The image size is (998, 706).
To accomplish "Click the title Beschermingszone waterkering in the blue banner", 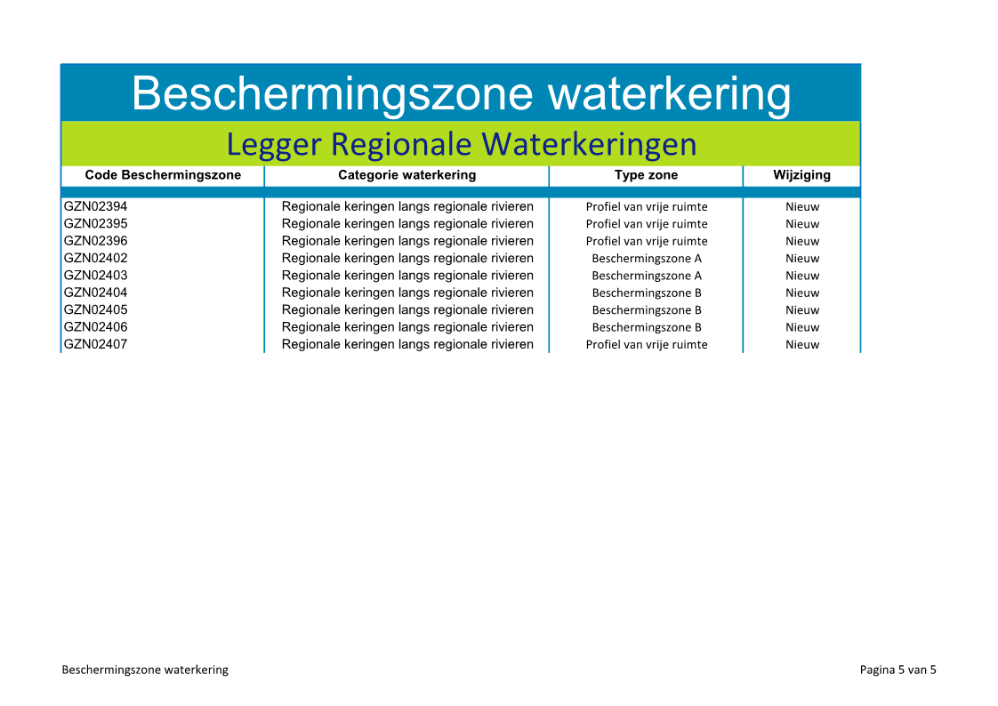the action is [x=461, y=94].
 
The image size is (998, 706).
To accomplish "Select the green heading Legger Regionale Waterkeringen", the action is [x=462, y=144].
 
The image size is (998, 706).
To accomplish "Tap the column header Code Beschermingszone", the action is [x=163, y=175].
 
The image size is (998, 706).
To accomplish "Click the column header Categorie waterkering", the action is [x=406, y=175].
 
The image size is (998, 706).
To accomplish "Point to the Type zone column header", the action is [x=646, y=175].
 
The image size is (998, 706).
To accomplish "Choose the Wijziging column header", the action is [x=802, y=175].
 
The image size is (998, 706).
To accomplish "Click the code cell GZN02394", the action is [x=95, y=206].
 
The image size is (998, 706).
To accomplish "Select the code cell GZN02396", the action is [x=95, y=240].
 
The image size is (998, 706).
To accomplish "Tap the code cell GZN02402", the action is [x=95, y=258].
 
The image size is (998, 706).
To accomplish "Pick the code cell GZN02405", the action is [x=95, y=309].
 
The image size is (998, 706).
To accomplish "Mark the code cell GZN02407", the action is [x=95, y=343].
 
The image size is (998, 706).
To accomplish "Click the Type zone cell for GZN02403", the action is [x=647, y=276].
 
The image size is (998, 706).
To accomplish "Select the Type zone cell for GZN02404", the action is [x=647, y=293].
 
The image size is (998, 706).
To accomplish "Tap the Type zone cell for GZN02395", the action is [x=647, y=224].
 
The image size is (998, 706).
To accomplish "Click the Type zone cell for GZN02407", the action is [x=647, y=344].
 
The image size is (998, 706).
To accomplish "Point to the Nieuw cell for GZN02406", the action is [x=802, y=327].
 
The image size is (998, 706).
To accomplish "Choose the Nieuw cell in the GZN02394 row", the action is [x=802, y=206].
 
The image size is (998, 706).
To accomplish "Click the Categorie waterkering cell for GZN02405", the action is [x=407, y=309].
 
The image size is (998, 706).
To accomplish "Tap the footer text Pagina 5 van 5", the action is [x=897, y=670].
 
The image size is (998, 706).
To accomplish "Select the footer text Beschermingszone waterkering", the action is [x=145, y=670].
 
